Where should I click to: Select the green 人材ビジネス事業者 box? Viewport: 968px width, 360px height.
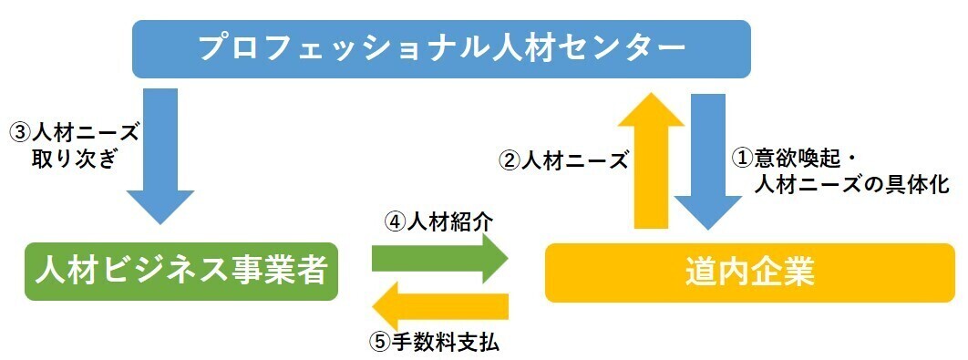181,272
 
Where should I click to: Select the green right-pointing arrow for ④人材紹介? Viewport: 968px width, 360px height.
440,258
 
